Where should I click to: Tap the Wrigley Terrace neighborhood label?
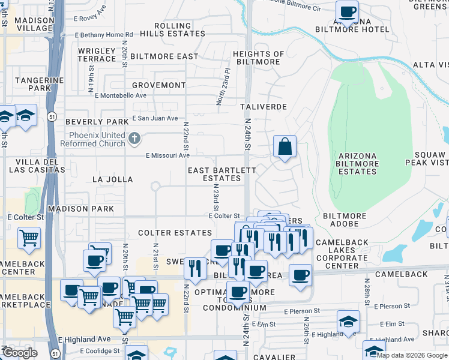coord(97,55)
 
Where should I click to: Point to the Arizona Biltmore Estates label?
coord(357,163)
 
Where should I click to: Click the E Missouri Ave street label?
coord(168,155)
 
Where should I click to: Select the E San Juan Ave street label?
coord(155,118)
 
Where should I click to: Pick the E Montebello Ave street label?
coord(123,95)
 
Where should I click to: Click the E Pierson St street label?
coord(302,311)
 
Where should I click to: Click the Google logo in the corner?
coord(20,353)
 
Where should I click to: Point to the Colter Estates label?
coord(175,233)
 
